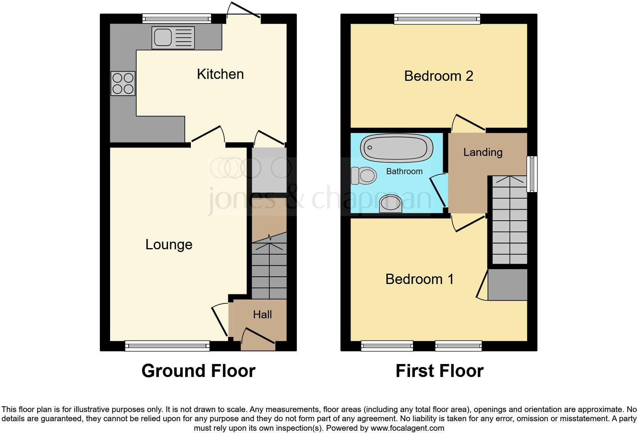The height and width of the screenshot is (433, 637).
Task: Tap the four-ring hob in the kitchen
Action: pos(123,83)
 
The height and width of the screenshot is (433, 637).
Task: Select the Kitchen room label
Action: pos(220,74)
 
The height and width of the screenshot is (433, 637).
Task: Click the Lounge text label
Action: pos(169,244)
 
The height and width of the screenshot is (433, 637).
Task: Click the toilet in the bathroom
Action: pos(364,176)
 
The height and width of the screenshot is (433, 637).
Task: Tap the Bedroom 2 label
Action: pos(439,76)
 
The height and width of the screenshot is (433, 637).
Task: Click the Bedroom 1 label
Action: pos(419,279)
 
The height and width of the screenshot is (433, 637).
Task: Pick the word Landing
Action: pos(483,152)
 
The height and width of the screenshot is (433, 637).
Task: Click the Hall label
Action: pos(262,314)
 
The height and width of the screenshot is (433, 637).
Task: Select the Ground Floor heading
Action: pos(198,371)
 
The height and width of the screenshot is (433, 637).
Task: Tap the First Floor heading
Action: pos(439,371)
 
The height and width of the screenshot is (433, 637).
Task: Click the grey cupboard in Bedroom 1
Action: pos(507,285)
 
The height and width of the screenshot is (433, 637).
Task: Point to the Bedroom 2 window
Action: pos(437,18)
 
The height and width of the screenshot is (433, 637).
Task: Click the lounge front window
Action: pos(167,346)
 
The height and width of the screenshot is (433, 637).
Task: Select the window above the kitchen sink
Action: pos(177,18)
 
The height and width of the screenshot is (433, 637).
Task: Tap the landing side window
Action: pos(532,174)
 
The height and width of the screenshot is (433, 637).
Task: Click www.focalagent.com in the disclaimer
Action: pos(407,428)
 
